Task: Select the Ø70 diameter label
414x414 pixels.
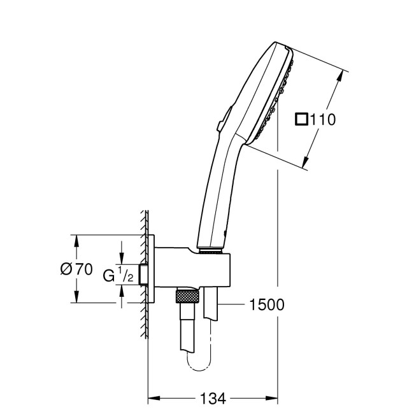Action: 76,269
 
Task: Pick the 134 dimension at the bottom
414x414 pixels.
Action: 213,399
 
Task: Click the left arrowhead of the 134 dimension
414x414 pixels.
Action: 152,399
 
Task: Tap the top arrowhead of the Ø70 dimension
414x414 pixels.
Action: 76,239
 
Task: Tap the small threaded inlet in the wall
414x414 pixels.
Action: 145,275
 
